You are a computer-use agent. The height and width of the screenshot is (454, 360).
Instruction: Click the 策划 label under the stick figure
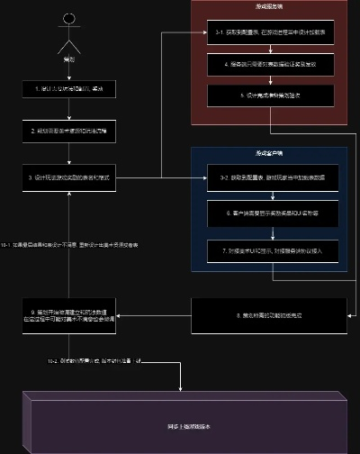coord(69,60)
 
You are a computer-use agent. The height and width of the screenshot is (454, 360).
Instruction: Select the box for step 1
coord(69,88)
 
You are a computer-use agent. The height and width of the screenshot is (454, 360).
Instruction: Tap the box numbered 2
coord(69,131)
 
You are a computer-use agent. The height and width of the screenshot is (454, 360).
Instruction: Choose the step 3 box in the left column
coord(69,177)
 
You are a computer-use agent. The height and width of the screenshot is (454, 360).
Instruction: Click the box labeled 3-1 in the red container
coord(266,34)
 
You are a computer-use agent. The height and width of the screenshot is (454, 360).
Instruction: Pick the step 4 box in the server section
coord(266,66)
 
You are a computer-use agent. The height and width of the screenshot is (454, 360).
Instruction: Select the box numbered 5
coord(266,96)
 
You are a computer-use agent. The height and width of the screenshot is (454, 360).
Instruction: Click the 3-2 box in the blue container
coord(266,177)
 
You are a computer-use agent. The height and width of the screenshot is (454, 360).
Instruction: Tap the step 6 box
coord(266,215)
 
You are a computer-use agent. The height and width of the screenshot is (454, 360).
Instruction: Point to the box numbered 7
coord(266,249)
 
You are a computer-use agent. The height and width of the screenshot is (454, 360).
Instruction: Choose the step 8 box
coord(266,317)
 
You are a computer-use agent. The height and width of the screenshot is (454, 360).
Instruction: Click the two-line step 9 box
coord(69,316)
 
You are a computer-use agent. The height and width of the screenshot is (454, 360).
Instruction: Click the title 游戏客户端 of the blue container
coord(267,153)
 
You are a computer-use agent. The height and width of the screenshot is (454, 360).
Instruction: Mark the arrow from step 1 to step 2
coord(69,109)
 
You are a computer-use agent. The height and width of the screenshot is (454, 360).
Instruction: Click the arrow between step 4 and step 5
coord(266,81)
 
